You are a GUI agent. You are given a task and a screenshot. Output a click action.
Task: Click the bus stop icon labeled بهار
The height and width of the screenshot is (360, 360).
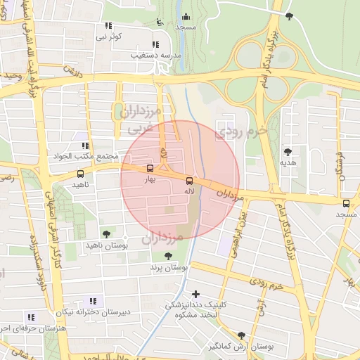click(150, 169)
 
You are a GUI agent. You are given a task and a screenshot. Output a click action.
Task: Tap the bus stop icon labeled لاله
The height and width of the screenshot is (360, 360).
click(188, 181)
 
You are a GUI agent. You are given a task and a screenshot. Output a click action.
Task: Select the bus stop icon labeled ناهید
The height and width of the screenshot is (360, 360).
click(80, 174)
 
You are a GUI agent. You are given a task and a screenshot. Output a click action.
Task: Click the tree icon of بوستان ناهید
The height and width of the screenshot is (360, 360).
click(106, 234)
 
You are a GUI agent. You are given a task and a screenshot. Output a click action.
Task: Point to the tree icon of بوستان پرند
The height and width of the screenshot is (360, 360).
click(167, 257)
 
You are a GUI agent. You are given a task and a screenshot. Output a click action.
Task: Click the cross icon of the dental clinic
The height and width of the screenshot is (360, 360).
click(195, 293)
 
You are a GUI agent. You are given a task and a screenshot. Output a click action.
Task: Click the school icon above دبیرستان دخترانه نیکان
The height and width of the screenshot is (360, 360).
click(93, 301)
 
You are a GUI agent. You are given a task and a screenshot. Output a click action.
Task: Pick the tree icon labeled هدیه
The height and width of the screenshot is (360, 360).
click(287, 152)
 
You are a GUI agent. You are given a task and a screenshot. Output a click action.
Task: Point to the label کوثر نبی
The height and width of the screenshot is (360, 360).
click(110, 36)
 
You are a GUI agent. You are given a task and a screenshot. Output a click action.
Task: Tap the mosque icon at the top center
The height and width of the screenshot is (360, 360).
click(186, 17)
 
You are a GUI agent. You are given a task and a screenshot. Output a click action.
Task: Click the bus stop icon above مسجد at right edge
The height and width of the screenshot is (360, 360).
click(345, 204)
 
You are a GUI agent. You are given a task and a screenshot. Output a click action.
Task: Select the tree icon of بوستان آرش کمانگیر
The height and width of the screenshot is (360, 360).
click(241, 336)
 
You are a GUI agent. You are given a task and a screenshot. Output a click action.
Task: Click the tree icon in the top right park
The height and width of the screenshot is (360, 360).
click(289, 15)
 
